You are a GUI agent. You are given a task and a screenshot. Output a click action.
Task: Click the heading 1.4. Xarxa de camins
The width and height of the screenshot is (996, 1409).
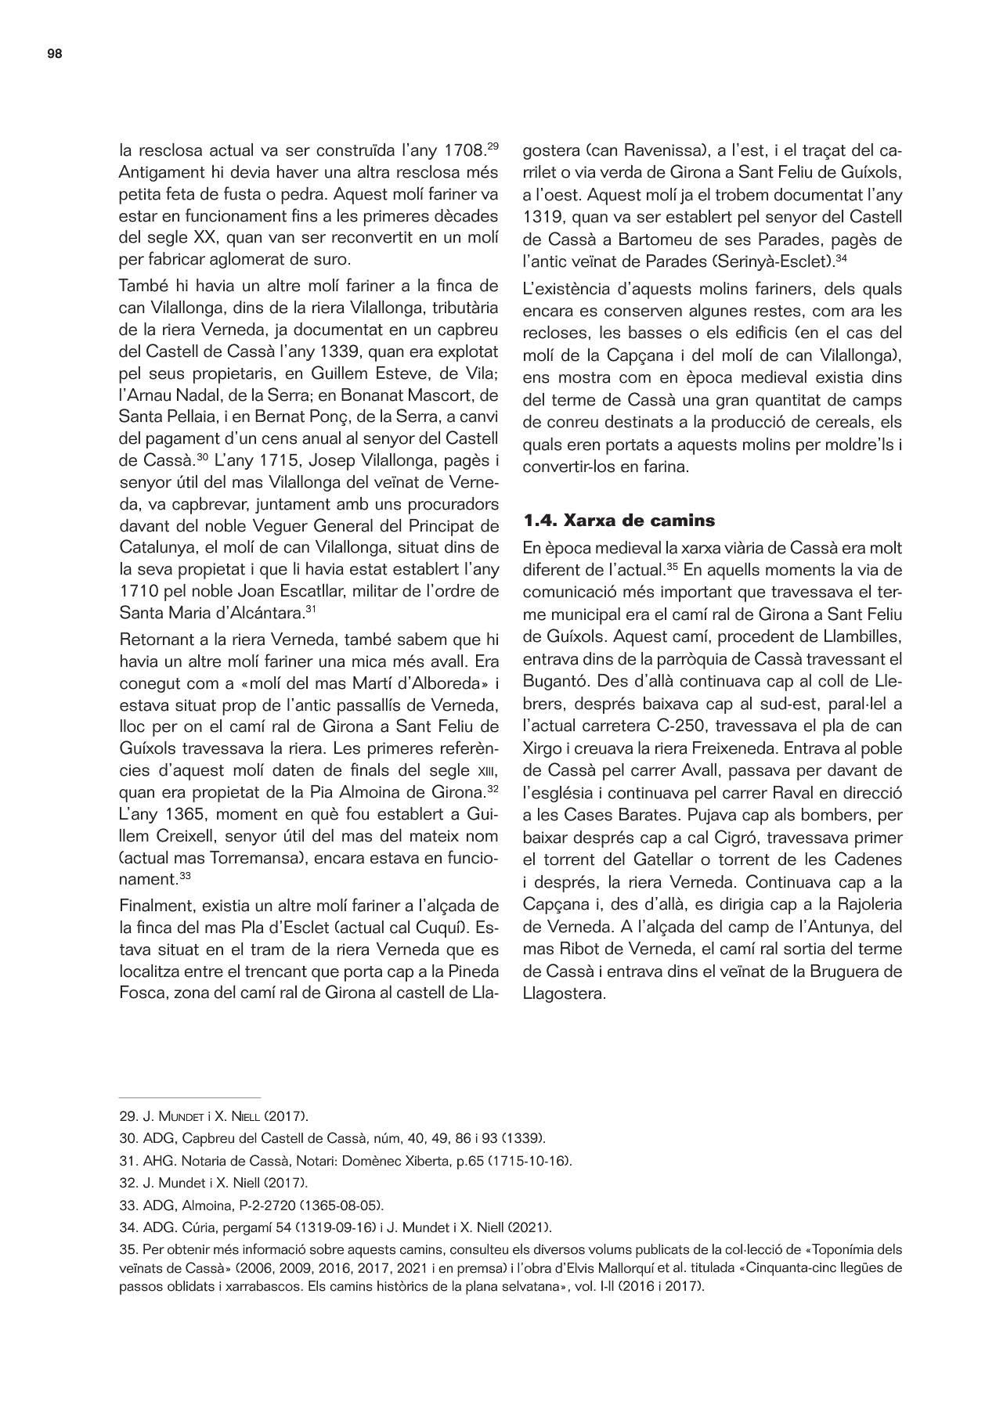coord(619,521)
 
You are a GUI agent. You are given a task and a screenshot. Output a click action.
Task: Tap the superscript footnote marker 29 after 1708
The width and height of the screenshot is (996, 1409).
coord(493,145)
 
